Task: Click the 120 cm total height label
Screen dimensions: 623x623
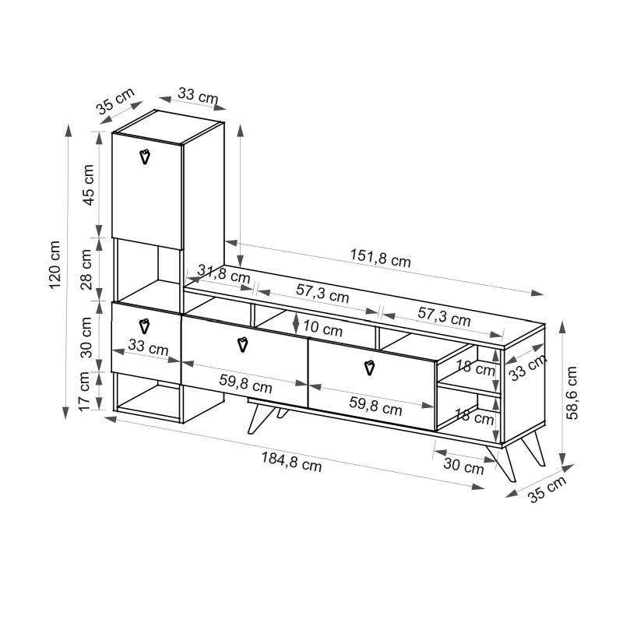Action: tap(55, 265)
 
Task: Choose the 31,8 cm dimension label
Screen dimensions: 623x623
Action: tap(224, 273)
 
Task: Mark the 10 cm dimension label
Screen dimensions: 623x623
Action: tap(322, 329)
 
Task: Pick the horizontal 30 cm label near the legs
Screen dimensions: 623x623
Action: tap(463, 466)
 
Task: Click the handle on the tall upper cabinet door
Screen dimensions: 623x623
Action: tap(145, 157)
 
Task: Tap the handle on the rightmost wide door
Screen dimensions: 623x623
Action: tap(369, 367)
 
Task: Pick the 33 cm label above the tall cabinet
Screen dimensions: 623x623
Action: tap(198, 97)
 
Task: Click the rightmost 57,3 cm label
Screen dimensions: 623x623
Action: tap(444, 319)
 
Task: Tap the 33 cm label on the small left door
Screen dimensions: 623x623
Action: tap(148, 348)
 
